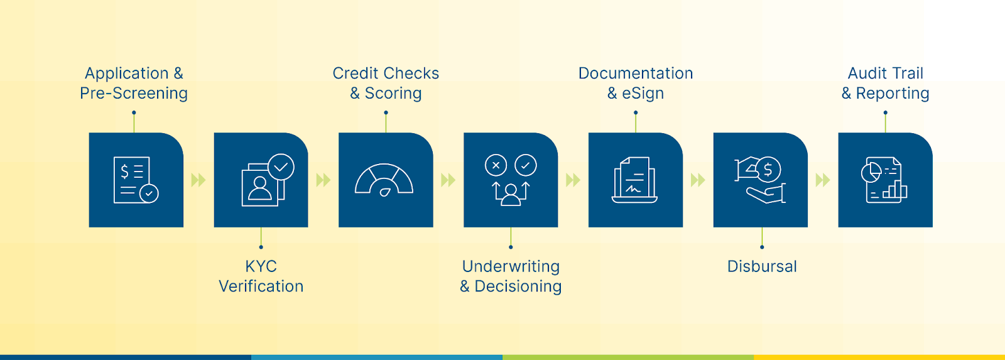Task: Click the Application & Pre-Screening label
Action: click(134, 83)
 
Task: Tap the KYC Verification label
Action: click(261, 276)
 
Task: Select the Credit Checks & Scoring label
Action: click(386, 83)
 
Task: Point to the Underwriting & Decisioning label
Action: click(511, 276)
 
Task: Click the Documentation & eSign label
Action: click(636, 83)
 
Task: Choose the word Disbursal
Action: click(762, 266)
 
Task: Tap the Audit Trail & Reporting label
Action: click(886, 83)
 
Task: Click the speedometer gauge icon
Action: click(384, 180)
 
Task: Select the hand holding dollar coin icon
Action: click(761, 180)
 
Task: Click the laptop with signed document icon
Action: click(635, 180)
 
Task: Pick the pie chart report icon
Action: click(884, 180)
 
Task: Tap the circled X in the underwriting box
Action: click(496, 166)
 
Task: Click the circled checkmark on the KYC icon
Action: click(281, 167)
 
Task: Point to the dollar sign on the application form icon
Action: click(124, 171)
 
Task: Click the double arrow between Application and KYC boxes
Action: click(198, 180)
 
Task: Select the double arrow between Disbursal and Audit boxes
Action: click(823, 180)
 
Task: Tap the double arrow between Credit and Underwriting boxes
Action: click(448, 180)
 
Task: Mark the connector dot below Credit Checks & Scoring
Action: click(386, 113)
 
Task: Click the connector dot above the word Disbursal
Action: click(762, 247)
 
